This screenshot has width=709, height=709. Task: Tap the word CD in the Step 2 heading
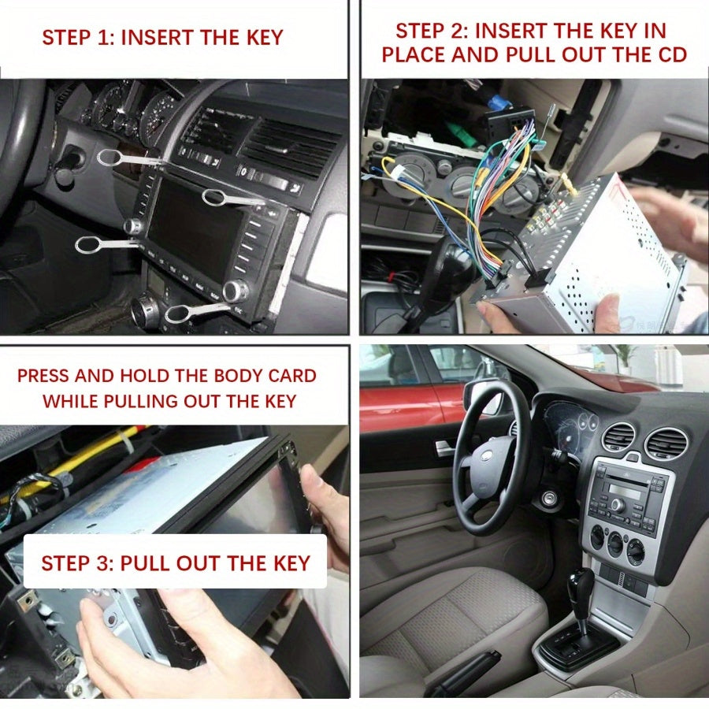point(673,54)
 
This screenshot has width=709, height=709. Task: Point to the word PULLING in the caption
point(140,401)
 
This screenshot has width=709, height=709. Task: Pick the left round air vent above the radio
point(619,438)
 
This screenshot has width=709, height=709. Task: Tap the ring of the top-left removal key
point(110,157)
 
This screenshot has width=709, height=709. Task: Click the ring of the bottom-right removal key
point(178,314)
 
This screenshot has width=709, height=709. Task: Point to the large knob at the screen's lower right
point(236,291)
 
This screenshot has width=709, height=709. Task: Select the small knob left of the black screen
point(133,226)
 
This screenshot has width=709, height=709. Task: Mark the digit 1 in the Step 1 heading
point(102,37)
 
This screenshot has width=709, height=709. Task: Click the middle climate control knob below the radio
point(615,543)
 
